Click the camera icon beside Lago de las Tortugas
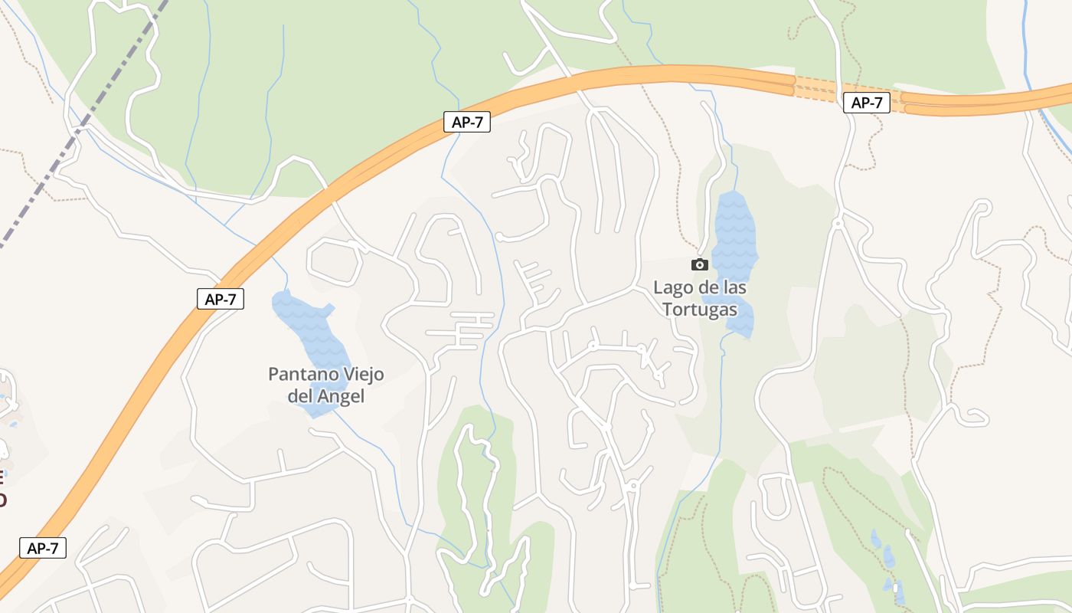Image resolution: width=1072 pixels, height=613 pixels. (699, 264)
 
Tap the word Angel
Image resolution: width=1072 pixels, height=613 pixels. (342, 397)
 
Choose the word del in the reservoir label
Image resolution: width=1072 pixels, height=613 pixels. (301, 397)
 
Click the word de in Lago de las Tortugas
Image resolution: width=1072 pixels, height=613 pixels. (704, 288)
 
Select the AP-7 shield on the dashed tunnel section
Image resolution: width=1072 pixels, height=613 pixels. (866, 103)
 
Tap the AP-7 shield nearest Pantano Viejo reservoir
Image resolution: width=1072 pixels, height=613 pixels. (221, 299)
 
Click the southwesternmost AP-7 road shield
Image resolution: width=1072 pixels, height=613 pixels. (43, 548)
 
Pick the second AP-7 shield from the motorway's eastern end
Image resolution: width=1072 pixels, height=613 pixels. (466, 122)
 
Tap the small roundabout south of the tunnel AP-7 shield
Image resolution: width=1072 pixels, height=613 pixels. (837, 224)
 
